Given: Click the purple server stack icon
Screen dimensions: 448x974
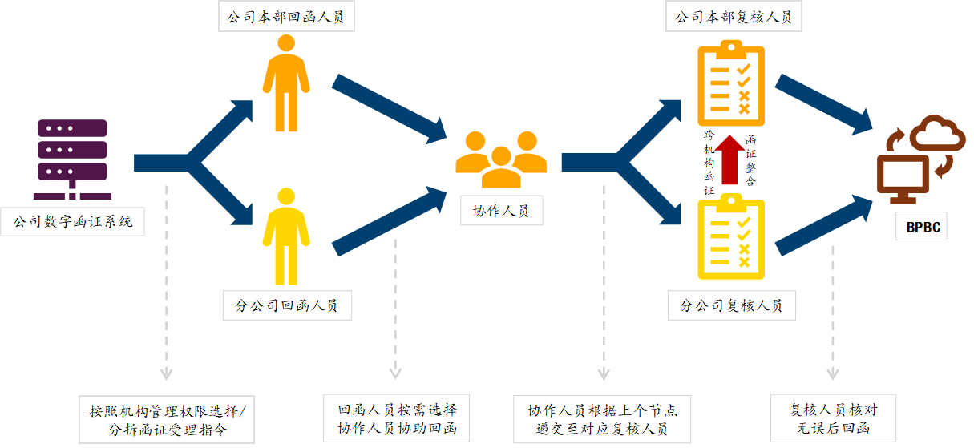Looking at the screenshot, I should point(72,159).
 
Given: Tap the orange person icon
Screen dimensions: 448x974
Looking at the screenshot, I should point(285,83).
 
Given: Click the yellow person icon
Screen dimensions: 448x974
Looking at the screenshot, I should point(285,236).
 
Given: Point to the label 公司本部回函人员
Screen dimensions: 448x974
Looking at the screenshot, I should point(285,17).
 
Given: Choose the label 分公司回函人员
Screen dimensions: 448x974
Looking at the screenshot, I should point(286,305).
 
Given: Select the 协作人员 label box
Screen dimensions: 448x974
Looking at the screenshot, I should point(501,211).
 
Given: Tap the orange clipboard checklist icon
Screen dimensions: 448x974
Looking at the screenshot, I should point(731,80).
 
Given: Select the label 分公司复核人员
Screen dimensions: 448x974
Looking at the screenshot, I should point(731,305).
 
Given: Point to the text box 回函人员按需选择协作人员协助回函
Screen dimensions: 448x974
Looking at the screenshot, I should point(397,418).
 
